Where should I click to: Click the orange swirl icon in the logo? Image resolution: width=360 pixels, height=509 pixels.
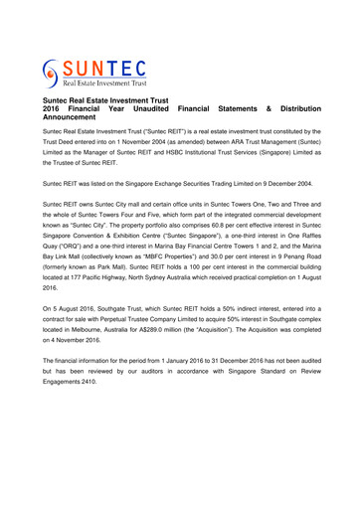coord(53,73)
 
